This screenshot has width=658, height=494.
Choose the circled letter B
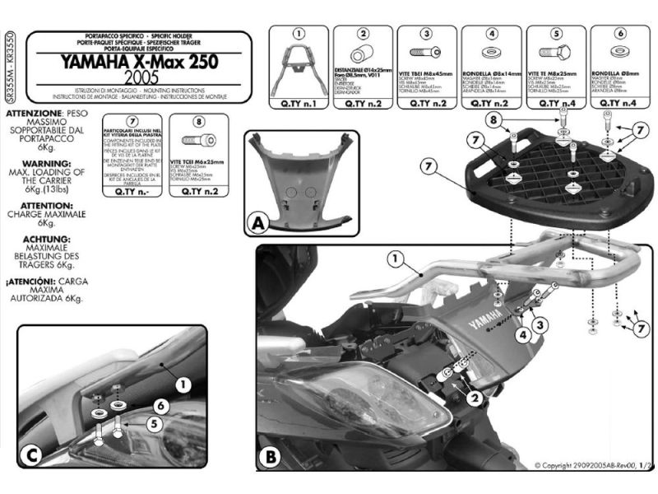(x=271, y=454)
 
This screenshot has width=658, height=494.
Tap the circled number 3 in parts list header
(x=427, y=34)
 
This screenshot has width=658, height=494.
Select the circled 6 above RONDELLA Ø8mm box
(x=618, y=34)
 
